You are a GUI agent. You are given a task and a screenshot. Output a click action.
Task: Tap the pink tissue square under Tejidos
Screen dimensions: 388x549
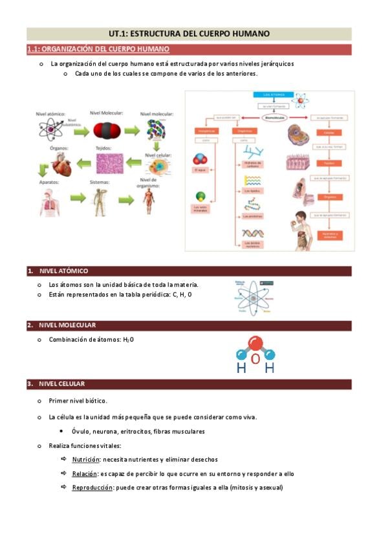pyautogui.click(x=108, y=163)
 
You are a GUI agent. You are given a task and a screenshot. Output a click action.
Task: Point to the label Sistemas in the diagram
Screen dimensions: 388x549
pyautogui.click(x=100, y=182)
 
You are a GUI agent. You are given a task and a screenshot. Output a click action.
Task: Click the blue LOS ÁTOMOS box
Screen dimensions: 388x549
pyautogui.click(x=270, y=96)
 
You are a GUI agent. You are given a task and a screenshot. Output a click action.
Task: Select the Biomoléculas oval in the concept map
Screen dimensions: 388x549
pyautogui.click(x=270, y=118)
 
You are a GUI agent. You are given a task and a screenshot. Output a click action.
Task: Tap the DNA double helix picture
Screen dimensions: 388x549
pyautogui.click(x=252, y=232)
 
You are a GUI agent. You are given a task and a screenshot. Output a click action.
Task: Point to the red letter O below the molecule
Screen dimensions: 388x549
pyautogui.click(x=255, y=359)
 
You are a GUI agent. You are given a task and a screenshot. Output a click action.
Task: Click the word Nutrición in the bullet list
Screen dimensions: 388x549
pyautogui.click(x=85, y=460)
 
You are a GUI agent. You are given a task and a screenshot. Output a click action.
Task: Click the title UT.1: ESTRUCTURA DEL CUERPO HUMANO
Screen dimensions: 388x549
pyautogui.click(x=189, y=34)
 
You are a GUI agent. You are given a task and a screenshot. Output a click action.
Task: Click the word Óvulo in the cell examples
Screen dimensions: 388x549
pyautogui.click(x=80, y=431)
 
